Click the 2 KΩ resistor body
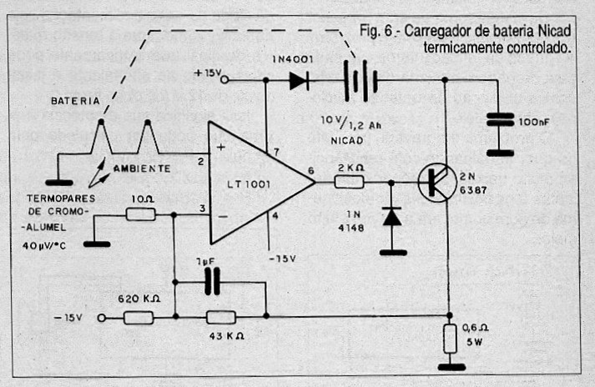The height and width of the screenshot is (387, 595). pos(349,182)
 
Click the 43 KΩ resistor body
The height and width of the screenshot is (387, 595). pos(220,317)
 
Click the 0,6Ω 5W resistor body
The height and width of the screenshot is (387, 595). pos(451,339)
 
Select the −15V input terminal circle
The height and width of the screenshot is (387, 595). pos(102,317)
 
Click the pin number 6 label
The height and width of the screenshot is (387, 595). pos(311,172)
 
